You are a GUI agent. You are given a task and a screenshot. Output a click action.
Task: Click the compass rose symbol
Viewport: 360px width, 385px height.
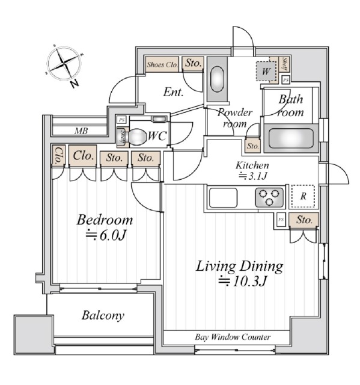(x=63, y=64)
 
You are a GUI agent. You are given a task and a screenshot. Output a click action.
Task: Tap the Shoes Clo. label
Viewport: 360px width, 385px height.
(x=162, y=63)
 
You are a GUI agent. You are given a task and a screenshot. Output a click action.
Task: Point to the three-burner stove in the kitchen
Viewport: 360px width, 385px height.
(x=269, y=197)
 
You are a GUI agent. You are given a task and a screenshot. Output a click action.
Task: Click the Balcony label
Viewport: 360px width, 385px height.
(x=103, y=315)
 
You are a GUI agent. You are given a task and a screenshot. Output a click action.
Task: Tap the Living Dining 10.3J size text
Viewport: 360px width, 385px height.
(x=240, y=280)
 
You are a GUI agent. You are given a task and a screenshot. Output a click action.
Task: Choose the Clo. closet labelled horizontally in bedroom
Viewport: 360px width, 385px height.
(x=83, y=156)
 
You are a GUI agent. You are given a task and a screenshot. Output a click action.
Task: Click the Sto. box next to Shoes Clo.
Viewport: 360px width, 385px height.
(x=192, y=63)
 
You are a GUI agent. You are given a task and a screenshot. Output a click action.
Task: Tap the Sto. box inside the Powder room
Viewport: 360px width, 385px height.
(x=252, y=146)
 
